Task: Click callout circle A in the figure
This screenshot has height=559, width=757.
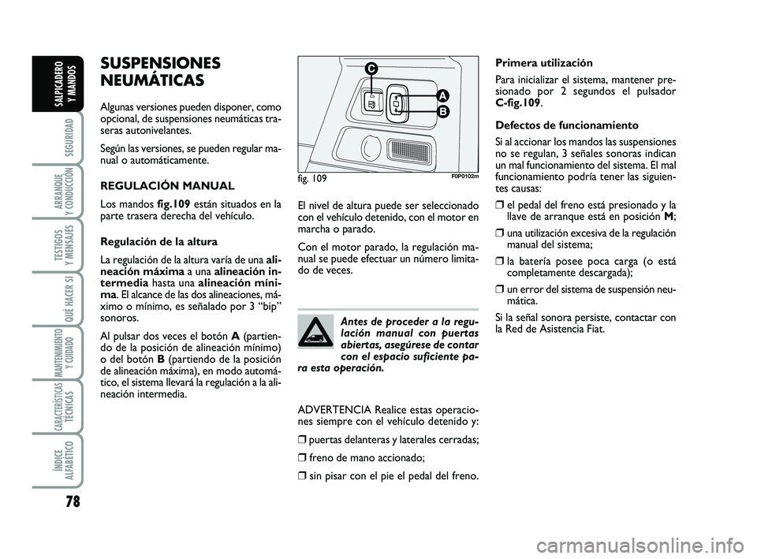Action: tap(442, 95)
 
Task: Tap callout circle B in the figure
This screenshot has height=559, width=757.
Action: tap(442, 113)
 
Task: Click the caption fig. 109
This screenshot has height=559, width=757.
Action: tap(312, 178)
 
